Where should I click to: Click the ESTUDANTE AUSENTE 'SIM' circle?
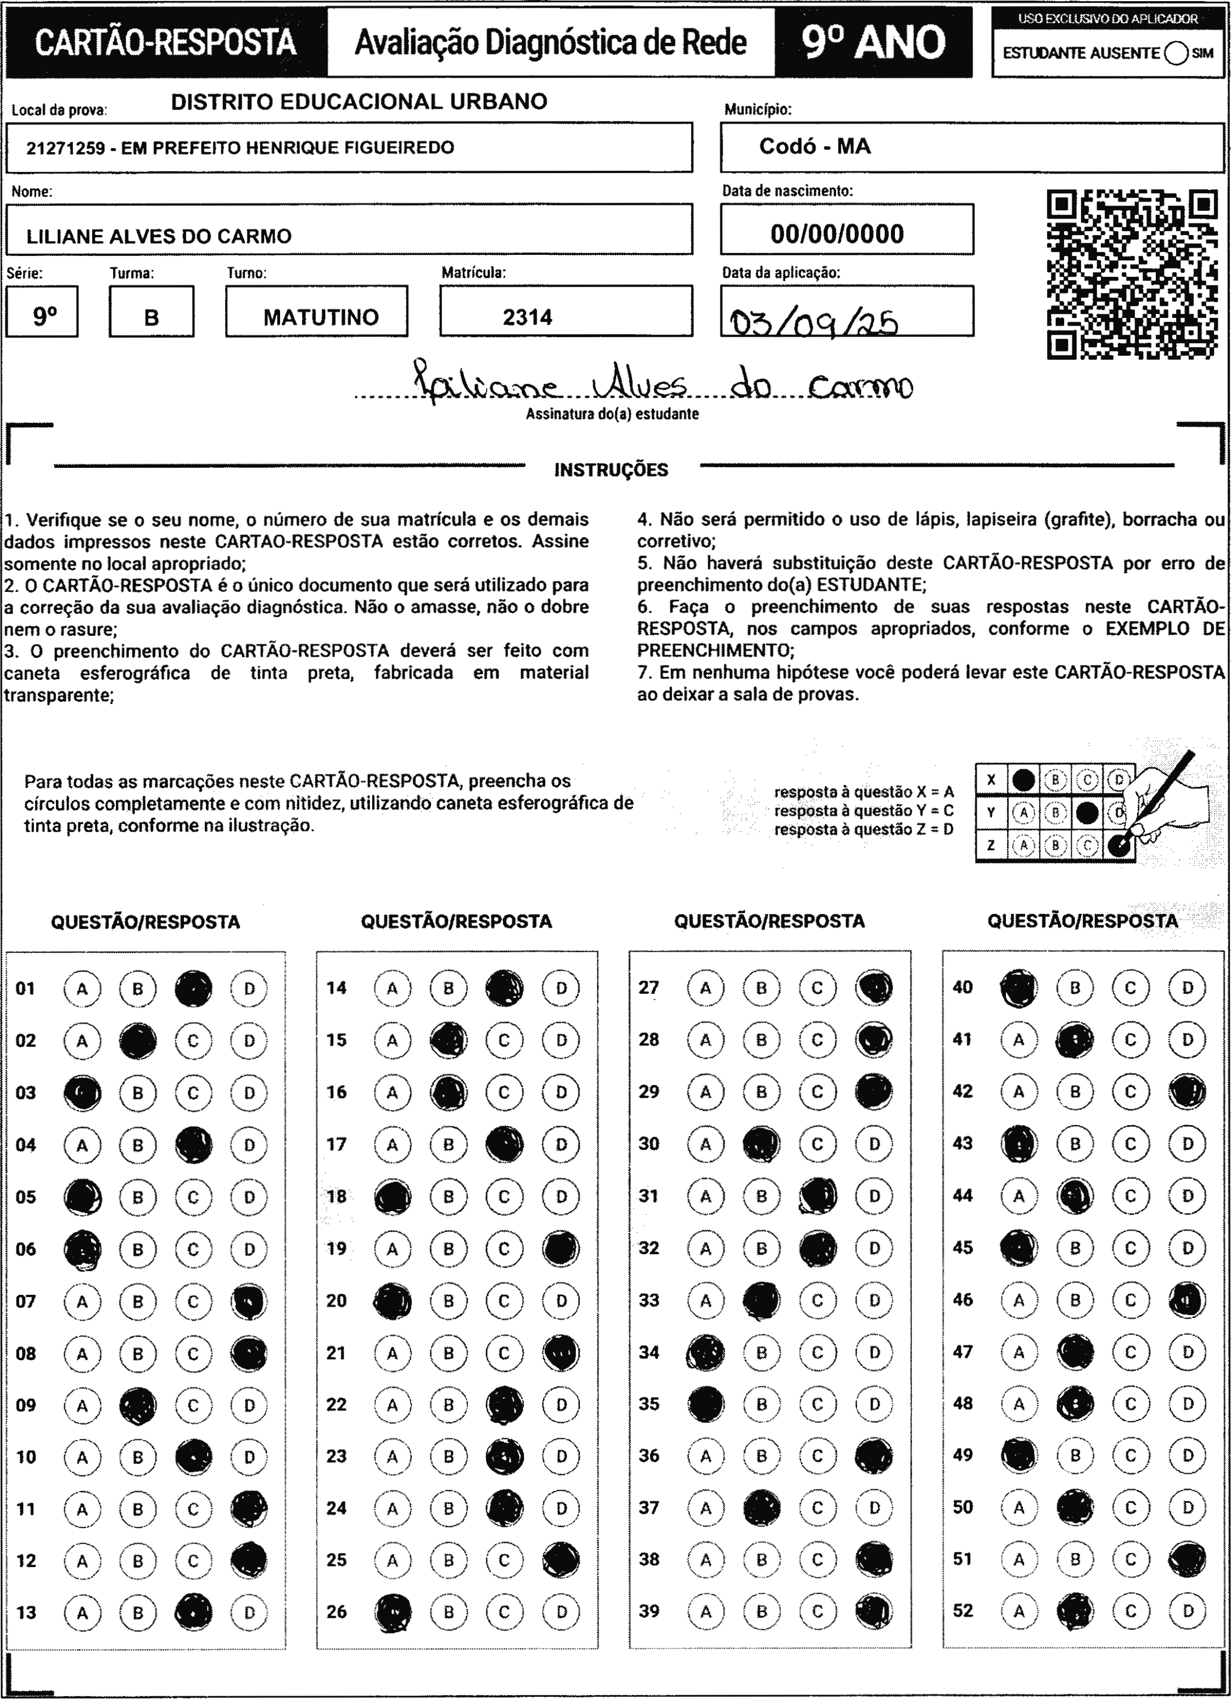point(1176,53)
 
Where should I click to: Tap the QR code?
point(1132,274)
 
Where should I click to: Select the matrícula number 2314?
point(528,317)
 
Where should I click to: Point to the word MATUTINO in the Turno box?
point(321,317)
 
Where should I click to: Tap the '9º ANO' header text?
point(873,43)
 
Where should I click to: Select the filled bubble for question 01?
point(193,988)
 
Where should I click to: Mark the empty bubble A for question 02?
point(82,1041)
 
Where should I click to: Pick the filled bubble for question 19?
point(561,1249)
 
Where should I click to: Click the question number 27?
point(649,987)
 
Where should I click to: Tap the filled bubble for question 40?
point(1019,987)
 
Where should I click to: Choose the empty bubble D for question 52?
point(1188,1611)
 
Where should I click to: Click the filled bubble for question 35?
point(706,1404)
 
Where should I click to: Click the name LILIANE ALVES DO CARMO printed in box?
point(159,237)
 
